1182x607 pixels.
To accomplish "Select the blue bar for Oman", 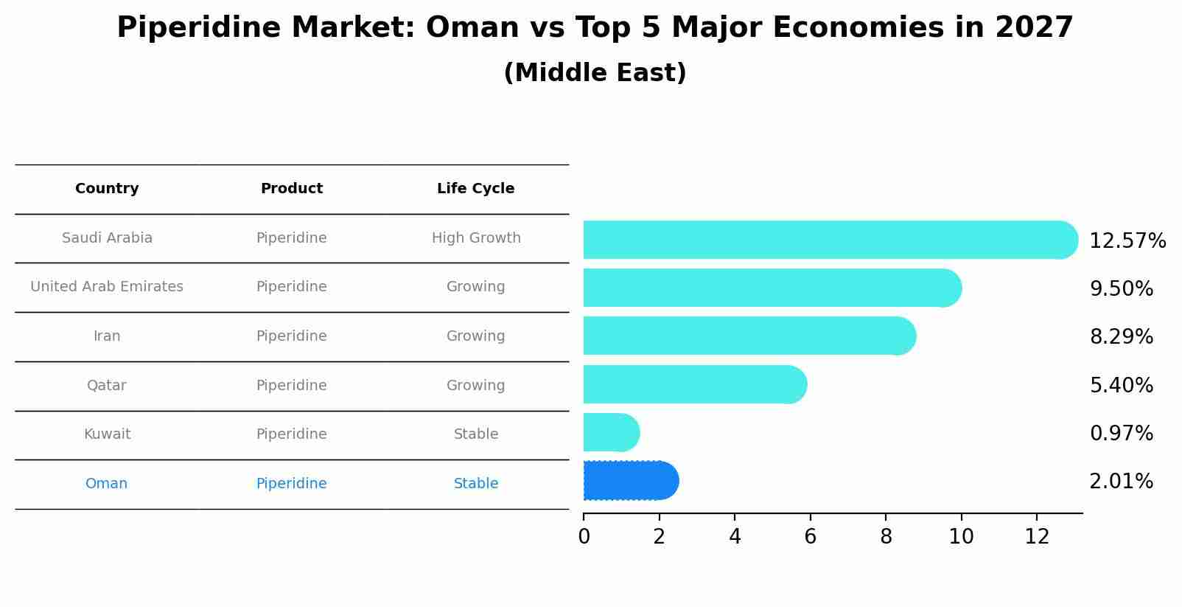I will [626, 481].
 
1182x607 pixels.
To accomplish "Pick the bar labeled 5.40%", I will [693, 384].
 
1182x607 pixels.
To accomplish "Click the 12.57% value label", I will [1127, 241].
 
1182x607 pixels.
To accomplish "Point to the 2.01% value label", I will [1121, 482].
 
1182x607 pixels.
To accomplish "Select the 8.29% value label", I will [1121, 337].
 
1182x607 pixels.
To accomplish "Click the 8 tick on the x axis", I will [886, 537].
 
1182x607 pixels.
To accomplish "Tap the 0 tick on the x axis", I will [584, 537].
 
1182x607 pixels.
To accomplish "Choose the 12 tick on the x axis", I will [1037, 537].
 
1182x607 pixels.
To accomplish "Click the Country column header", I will [107, 189].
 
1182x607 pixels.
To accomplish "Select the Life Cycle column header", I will [475, 189].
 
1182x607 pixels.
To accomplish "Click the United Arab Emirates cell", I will [107, 287].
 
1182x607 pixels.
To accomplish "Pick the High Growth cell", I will [475, 238].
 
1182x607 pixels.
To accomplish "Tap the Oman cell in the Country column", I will [106, 484].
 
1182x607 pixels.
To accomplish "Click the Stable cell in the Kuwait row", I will [475, 434].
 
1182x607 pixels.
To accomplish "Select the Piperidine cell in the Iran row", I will [291, 336].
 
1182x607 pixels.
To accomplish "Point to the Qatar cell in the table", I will [106, 386].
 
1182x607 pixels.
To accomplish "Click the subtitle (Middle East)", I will [595, 73].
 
